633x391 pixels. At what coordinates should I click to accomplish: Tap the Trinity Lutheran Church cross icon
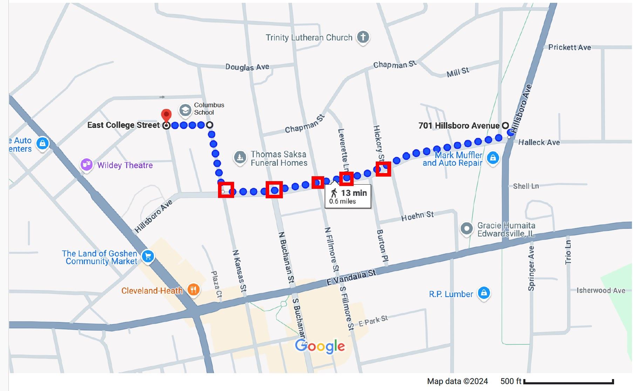coord(363,37)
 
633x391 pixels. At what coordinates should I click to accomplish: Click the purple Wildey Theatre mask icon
coord(87,164)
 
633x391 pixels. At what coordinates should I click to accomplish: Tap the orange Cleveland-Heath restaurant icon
coord(193,289)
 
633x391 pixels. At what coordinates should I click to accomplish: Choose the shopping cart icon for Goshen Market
coord(148,256)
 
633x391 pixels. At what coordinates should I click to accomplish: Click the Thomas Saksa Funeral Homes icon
coord(240,157)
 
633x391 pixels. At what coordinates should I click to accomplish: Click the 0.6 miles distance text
coord(342,201)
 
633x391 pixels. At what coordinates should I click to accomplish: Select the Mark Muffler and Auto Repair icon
coord(493,158)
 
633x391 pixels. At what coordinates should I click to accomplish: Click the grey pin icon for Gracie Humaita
coord(467,229)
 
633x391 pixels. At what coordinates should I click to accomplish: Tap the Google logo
coord(320,346)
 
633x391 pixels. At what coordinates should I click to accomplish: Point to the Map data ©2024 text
coord(457,382)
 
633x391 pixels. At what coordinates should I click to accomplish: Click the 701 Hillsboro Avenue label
coord(459,126)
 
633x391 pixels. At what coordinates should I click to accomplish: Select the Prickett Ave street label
coord(569,47)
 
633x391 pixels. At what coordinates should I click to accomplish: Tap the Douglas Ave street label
coord(247,67)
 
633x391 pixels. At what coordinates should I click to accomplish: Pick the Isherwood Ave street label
coord(601,290)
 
